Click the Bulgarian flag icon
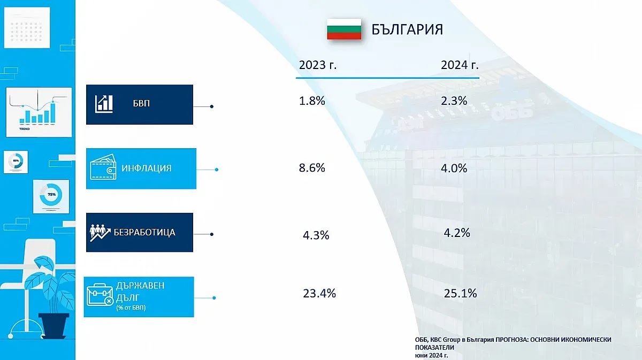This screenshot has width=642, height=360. tap(344, 29)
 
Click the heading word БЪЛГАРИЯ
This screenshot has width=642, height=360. tap(407, 29)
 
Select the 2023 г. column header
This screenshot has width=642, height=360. tap(318, 65)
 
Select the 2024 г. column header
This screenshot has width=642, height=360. tap(460, 65)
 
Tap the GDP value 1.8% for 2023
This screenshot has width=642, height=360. tap(312, 101)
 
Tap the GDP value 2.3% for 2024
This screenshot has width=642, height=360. tap(454, 101)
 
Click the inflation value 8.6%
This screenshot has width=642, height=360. tap(312, 168)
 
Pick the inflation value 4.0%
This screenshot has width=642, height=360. tap(454, 168)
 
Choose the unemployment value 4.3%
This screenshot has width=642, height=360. tap(316, 235)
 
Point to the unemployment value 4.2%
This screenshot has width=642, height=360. tap(457, 233)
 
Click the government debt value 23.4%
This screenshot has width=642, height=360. tap(319, 293)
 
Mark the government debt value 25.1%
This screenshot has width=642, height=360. tap(460, 293)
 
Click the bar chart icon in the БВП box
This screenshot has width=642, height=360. tap(104, 104)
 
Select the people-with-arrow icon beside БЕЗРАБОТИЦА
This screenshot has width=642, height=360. tap(100, 233)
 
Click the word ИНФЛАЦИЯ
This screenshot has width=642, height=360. tap(146, 168)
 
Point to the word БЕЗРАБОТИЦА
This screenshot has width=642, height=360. tap(144, 233)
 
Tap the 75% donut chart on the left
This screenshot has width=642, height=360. tap(51, 194)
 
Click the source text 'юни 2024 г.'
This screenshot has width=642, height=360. tap(431, 355)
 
